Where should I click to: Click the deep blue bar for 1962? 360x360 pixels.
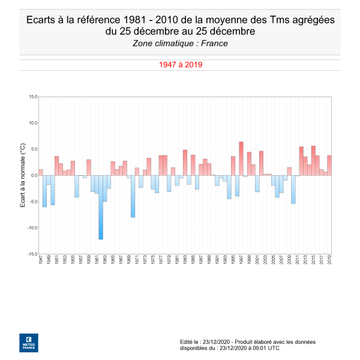tap(101, 207)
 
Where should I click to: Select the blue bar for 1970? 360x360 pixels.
tap(133, 196)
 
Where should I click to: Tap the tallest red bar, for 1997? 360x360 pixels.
tap(241, 158)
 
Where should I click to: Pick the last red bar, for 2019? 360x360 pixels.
tap(329, 166)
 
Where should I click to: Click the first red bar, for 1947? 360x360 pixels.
tap(41, 172)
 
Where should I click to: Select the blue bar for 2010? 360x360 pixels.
tap(293, 190)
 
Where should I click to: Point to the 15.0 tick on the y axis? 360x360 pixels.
tap(32, 97)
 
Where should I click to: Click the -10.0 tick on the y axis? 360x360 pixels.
tap(32, 228)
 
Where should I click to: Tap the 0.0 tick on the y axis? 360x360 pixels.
tap(34, 175)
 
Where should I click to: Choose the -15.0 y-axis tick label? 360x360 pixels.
tap(32, 254)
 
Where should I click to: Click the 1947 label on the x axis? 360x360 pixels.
tap(41, 261)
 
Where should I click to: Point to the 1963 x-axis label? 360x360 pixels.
tap(105, 261)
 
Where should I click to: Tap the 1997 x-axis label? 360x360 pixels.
tap(241, 261)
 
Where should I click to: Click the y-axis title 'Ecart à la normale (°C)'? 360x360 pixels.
tap(22, 175)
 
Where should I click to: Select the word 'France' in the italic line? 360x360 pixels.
tap(214, 43)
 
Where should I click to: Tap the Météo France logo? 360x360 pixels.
tap(28, 341)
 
